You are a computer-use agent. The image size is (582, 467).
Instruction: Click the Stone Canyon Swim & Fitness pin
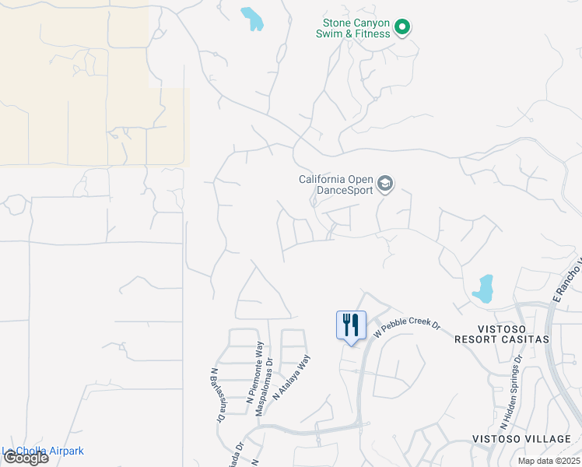click(402, 28)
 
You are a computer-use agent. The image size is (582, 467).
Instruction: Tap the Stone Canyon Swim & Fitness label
click(352, 28)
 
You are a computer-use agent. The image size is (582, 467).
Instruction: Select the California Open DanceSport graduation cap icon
click(384, 184)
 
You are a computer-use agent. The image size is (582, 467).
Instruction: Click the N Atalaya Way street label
click(293, 377)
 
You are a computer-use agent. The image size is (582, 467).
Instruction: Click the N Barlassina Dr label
click(217, 395)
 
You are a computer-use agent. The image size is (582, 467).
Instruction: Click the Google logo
click(25, 458)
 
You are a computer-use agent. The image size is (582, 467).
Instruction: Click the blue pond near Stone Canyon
click(252, 19)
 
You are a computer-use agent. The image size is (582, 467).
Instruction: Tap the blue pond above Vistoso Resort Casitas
click(484, 288)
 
